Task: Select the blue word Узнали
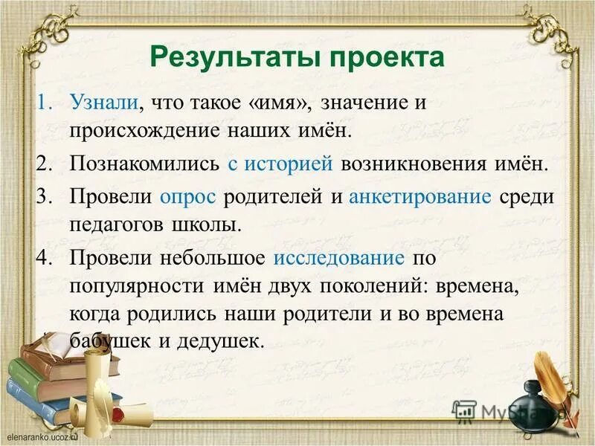pyautogui.click(x=103, y=103)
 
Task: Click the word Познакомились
pyautogui.click(x=144, y=164)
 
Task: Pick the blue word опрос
pyautogui.click(x=188, y=197)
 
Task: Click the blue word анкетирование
pyautogui.click(x=420, y=197)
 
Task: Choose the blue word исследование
pyautogui.click(x=339, y=258)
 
